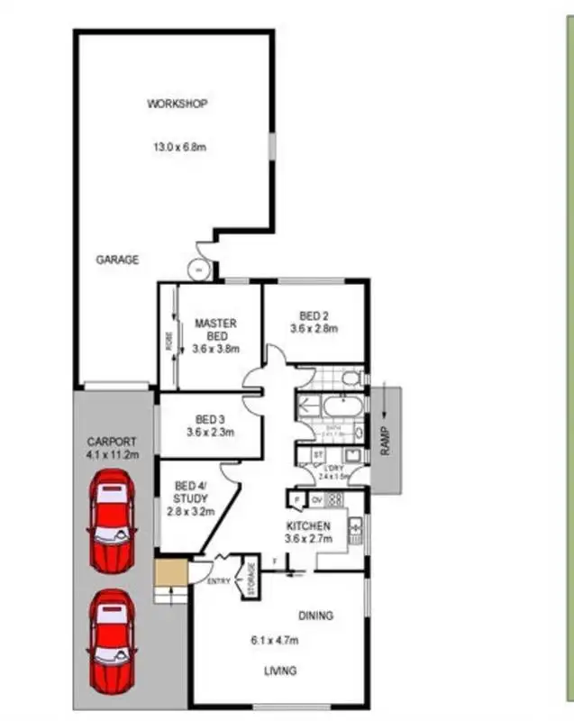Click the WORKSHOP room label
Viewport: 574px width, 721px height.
pyautogui.click(x=178, y=104)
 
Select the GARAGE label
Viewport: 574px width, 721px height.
pyautogui.click(x=118, y=260)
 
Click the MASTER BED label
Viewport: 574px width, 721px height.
pyautogui.click(x=215, y=330)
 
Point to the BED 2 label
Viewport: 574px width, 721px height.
pyautogui.click(x=313, y=315)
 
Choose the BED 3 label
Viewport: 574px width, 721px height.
pyautogui.click(x=209, y=419)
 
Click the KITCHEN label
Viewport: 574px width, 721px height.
pyautogui.click(x=309, y=525)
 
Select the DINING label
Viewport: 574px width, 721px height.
pyautogui.click(x=315, y=616)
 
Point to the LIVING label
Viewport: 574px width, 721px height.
pyautogui.click(x=279, y=671)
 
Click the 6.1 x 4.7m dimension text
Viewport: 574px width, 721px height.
pyautogui.click(x=279, y=641)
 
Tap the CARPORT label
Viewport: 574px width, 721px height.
pyautogui.click(x=112, y=442)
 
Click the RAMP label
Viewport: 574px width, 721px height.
pyautogui.click(x=385, y=441)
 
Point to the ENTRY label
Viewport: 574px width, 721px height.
pyautogui.click(x=219, y=581)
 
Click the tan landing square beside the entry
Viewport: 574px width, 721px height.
pyautogui.click(x=169, y=572)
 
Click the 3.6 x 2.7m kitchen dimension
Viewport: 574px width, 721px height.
pyautogui.click(x=309, y=538)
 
